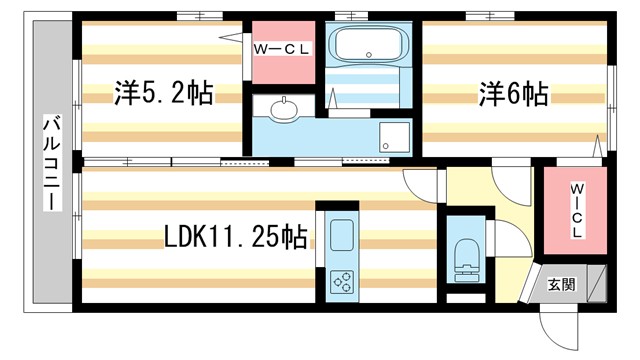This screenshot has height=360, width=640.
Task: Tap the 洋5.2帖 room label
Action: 163,95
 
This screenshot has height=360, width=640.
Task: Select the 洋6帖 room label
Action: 511,95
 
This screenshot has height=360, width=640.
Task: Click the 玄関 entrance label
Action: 562,284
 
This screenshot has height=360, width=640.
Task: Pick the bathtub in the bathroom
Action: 369,44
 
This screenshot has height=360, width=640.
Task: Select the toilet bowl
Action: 466,257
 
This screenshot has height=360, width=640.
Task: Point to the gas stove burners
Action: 342,280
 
